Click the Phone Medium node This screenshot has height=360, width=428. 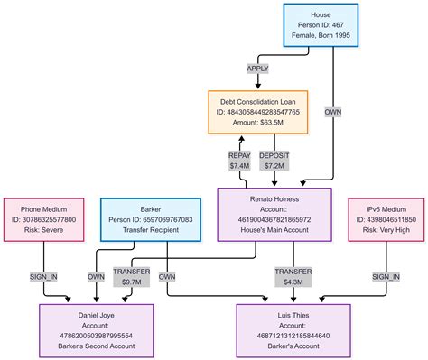[x=43, y=219]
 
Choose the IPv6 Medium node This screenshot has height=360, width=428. [x=385, y=219]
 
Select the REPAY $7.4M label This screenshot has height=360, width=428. [x=239, y=161]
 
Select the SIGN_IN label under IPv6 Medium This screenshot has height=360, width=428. [x=386, y=277]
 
